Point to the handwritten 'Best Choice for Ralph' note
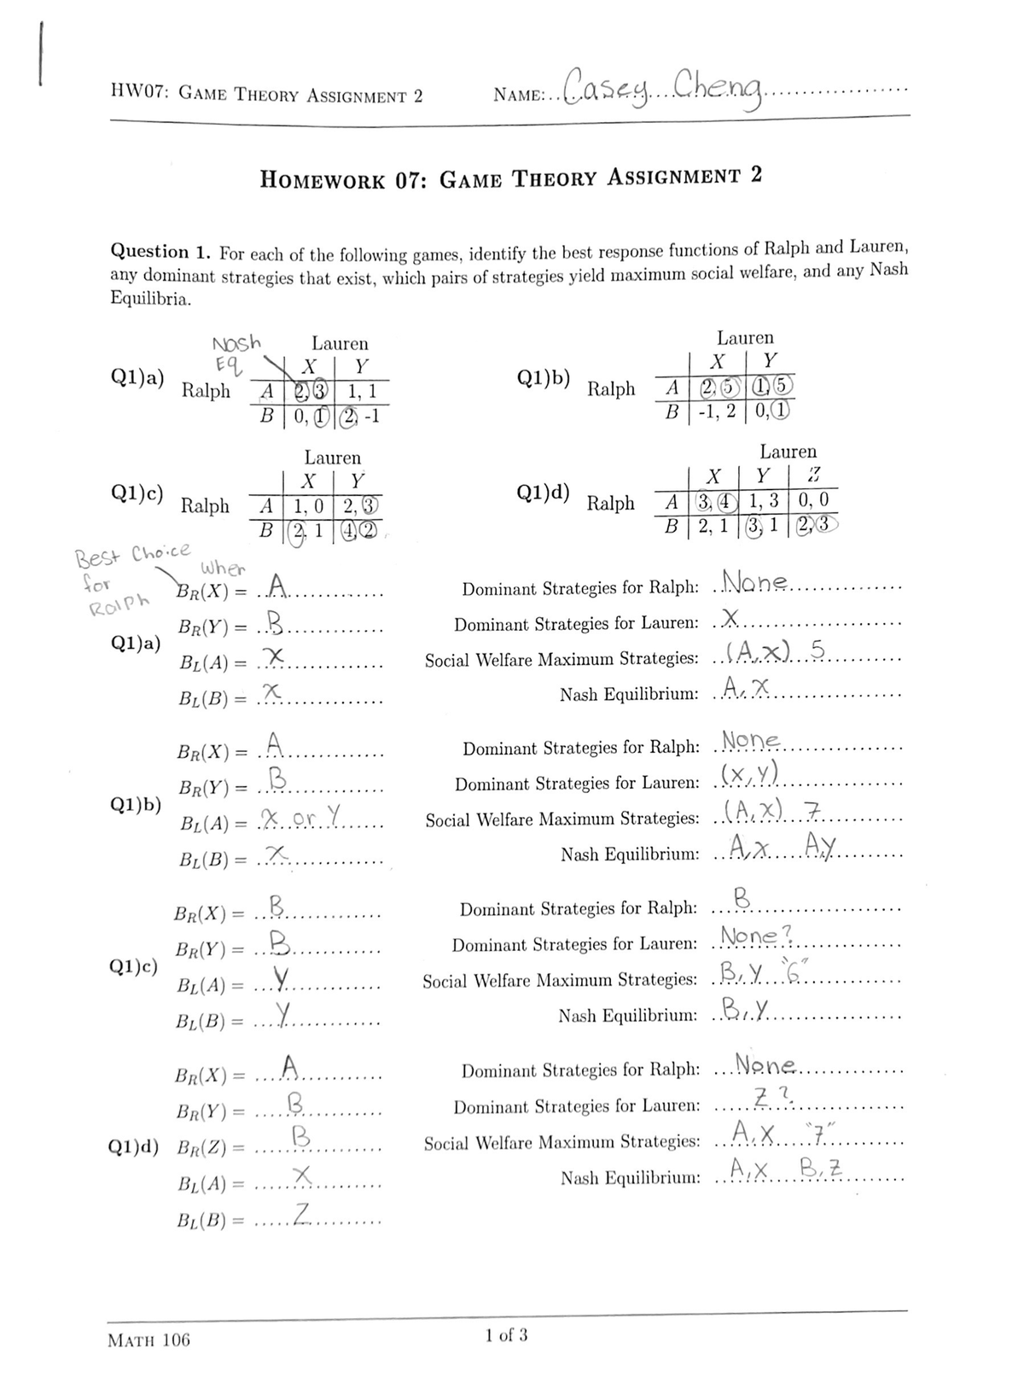128,573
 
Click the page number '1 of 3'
506,1334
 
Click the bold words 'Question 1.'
161,253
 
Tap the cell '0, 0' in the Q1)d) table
815,499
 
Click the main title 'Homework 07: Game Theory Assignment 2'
510,178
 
